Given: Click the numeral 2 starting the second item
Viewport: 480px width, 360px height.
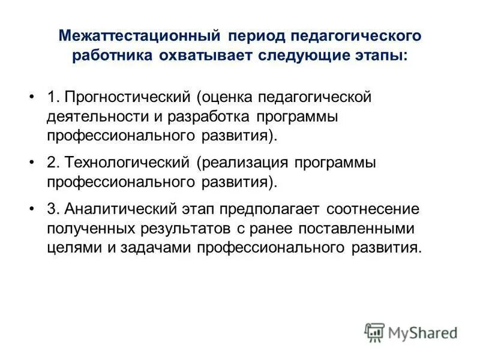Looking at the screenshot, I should [50, 163].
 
